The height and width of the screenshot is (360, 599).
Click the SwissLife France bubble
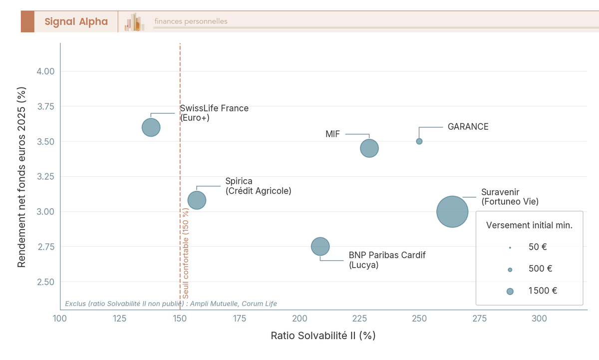pos(151,127)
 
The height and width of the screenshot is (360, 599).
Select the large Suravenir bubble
pos(452,212)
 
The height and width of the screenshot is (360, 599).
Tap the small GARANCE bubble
pos(419,141)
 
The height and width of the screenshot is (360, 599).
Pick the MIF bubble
pos(369,148)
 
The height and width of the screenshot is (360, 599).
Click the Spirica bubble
pos(197,200)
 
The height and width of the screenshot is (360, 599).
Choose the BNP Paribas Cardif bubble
pos(320,246)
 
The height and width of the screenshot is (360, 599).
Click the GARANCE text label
pos(468,127)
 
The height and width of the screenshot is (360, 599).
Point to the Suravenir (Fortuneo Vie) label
pos(510,197)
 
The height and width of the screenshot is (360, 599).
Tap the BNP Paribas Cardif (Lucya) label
pos(387,260)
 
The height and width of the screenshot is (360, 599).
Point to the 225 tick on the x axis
pos(359,319)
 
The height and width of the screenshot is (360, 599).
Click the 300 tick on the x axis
pos(539,319)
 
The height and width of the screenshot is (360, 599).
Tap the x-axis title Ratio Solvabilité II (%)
pos(323,336)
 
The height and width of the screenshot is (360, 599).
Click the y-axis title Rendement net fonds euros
pos(22,177)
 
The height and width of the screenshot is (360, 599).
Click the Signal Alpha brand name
pos(76,21)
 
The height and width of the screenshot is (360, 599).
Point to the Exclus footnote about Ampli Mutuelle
pos(171,304)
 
